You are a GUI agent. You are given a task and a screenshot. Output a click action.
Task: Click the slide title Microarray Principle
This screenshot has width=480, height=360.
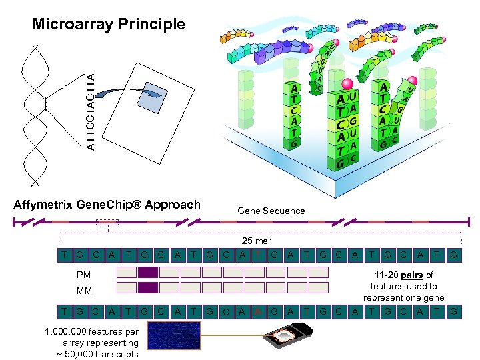click(109, 25)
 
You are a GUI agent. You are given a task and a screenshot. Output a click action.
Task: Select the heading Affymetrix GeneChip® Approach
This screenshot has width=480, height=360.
click(107, 205)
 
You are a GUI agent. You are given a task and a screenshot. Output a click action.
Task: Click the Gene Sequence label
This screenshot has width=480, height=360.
click(271, 211)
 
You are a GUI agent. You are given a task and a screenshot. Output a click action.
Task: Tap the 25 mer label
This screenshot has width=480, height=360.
click(256, 241)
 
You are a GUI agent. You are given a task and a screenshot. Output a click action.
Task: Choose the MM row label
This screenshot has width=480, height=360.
click(84, 290)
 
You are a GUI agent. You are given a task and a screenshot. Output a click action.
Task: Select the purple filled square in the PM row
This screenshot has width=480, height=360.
click(148, 272)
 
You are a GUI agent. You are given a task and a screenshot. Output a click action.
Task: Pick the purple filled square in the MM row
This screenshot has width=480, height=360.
click(148, 288)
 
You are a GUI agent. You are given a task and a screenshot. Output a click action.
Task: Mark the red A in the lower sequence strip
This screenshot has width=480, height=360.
click(258, 311)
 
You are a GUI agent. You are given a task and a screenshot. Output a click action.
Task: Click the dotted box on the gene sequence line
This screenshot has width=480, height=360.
click(107, 222)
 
